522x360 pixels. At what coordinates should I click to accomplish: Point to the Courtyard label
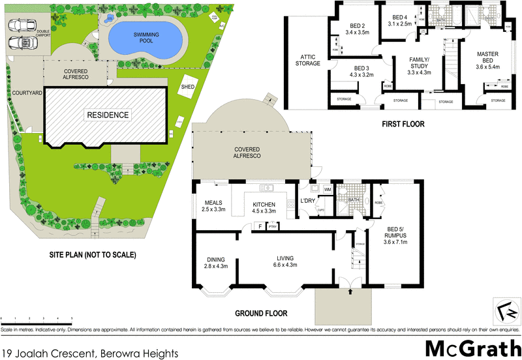point(27,94)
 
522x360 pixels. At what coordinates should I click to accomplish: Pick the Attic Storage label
point(307,60)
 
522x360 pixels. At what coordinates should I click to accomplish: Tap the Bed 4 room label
point(399,17)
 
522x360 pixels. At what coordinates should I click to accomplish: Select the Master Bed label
point(487,57)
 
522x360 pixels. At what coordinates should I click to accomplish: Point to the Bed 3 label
point(361,68)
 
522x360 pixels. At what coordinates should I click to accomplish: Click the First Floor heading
point(402,123)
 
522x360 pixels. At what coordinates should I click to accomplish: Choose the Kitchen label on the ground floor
point(265,205)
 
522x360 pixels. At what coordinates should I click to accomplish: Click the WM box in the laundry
point(327,189)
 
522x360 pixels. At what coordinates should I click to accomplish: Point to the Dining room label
point(215,258)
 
